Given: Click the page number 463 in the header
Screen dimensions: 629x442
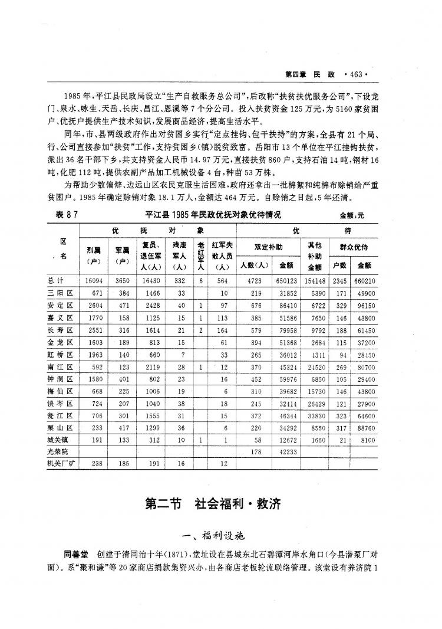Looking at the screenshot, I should point(358,74).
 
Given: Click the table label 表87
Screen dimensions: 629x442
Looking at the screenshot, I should point(66,215).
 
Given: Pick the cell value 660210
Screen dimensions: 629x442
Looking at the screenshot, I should point(364,281).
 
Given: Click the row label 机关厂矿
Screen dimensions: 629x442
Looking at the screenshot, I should point(62,464).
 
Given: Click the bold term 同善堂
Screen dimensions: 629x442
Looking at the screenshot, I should point(76,555).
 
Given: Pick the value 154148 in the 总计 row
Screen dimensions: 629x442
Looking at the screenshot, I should point(314,281).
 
